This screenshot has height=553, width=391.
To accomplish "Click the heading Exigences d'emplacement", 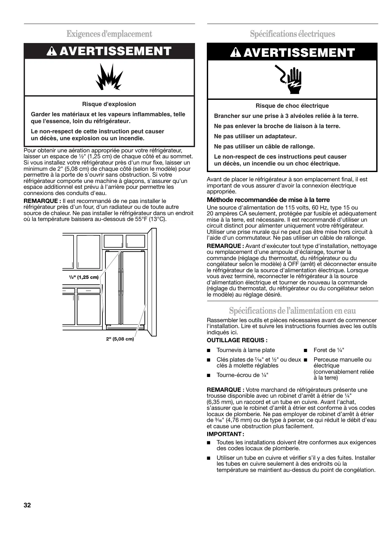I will coord(109,34).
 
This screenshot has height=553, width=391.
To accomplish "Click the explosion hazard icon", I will coord(109,77).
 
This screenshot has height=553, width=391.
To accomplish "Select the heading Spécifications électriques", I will coord(292,34).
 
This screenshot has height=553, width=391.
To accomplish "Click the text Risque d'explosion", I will coord(109,104).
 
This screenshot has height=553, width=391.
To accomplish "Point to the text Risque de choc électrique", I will coord(292,106).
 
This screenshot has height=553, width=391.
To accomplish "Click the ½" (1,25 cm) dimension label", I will coord(84,277).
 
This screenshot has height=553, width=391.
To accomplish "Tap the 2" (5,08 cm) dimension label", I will coord(120,339).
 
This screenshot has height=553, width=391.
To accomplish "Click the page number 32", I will coord(27,505).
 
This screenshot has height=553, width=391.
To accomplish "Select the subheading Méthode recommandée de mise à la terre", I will coord(268,200).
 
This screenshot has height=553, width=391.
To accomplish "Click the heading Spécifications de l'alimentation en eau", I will coord(292,310).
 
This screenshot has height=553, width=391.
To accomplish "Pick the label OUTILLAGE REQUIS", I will coord(237,340).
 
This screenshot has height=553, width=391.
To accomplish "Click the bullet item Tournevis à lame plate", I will coord(246,350).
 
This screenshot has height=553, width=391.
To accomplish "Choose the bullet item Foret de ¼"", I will coord(329,350).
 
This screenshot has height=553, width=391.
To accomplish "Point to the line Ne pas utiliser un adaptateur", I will coord(255,136).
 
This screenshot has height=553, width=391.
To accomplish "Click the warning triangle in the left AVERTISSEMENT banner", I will coord(52,51).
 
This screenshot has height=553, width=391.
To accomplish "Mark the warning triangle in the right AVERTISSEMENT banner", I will coord(235,53).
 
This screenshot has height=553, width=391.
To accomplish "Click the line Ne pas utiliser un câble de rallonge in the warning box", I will coord(264,146).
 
